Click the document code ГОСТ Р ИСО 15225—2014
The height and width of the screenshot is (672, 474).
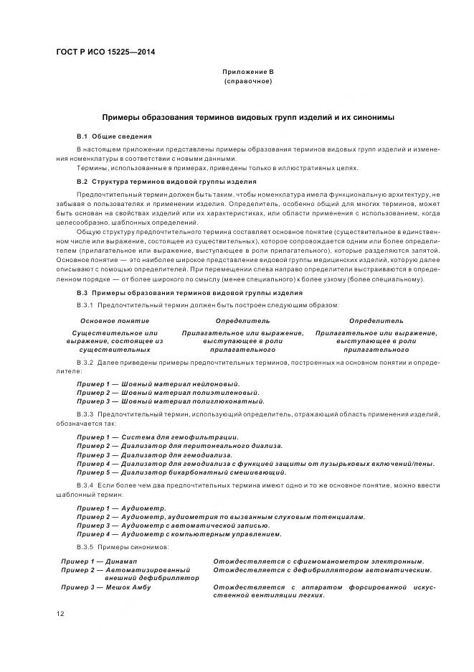point(106,52)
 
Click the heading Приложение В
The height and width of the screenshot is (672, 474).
point(247,72)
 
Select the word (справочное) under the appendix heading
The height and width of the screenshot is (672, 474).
point(247,81)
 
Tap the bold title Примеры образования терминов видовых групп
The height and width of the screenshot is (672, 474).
point(247,117)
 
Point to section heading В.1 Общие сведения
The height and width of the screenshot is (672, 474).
point(114,136)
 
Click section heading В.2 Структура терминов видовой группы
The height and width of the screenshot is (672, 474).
point(166,182)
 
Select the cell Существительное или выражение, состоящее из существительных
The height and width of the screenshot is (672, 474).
point(115,341)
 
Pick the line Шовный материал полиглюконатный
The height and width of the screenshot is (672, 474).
point(168,401)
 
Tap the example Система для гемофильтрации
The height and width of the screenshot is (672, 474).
point(158,437)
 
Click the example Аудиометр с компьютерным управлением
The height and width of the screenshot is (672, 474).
point(179,533)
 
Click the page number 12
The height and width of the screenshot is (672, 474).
point(61,613)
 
